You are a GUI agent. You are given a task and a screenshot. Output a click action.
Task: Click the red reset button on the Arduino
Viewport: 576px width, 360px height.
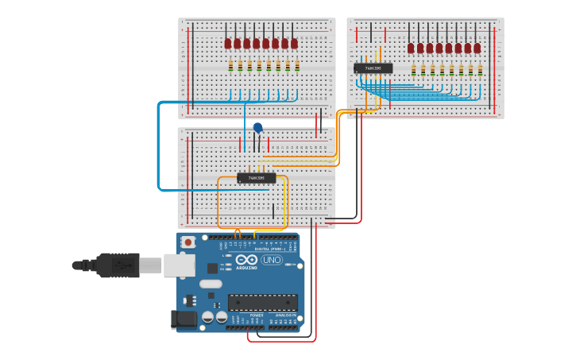188,242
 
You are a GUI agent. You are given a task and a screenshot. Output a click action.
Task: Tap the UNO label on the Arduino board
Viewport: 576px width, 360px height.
272,259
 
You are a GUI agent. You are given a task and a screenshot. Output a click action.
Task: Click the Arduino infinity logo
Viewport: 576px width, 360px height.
246,259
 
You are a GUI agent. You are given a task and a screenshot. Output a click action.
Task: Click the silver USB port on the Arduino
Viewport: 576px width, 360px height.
179,265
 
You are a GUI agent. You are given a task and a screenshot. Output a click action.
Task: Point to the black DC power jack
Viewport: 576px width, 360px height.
184,319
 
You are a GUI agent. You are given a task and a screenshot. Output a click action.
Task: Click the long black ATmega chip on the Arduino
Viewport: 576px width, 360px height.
262,302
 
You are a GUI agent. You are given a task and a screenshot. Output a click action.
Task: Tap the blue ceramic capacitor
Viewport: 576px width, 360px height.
257,127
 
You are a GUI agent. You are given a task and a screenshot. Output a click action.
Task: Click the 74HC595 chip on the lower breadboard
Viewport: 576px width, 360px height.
256,178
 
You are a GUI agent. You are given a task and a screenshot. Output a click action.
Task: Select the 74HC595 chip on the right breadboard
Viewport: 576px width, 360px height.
373,68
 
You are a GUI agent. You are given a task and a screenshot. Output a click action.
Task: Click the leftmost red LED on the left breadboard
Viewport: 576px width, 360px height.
228,43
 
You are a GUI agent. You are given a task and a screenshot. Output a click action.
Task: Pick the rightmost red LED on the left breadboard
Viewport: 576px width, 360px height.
294,43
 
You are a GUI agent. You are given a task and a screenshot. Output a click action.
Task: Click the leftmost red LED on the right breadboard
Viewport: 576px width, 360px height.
411,48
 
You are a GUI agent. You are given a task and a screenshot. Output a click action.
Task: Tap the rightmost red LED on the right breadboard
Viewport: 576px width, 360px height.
477,48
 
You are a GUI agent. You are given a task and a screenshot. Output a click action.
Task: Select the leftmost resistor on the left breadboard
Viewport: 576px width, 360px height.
230,66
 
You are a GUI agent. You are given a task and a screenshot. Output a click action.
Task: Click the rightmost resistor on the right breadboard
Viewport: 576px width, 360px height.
480,70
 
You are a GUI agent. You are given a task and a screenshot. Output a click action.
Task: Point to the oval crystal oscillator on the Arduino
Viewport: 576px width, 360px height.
211,284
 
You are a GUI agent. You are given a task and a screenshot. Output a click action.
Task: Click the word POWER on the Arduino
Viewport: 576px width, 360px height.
257,315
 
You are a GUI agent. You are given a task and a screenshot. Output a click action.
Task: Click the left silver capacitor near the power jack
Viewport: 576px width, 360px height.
207,316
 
